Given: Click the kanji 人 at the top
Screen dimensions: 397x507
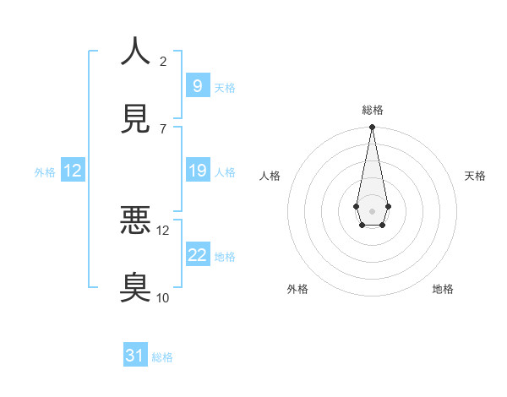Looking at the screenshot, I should point(135,52).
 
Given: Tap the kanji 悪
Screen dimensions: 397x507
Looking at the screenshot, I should point(135,220).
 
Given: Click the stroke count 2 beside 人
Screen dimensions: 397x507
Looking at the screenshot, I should point(163,61).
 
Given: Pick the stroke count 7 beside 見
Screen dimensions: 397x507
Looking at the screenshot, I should point(163,128).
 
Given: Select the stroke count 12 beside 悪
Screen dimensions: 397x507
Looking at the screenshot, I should point(164,230).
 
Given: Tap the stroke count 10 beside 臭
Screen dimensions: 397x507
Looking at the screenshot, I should point(164,297).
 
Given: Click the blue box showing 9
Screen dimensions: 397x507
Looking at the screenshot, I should point(197,85).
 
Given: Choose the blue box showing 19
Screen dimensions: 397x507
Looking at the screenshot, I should point(197,171).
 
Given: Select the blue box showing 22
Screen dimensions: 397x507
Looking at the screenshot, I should point(197,255).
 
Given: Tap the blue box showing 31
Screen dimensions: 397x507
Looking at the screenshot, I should point(135,356).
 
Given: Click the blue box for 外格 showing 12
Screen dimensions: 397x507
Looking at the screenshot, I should point(73,171).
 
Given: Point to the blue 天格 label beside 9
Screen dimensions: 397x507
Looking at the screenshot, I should point(225,88).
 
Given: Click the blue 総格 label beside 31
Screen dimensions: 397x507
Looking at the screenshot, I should point(162,357).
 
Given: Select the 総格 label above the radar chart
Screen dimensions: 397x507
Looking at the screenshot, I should point(372,110).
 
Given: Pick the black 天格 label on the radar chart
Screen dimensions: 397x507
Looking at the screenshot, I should point(475,176).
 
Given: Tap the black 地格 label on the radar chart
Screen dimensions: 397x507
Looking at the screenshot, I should point(443,289).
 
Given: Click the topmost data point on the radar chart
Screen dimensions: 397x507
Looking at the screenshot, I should point(372,127).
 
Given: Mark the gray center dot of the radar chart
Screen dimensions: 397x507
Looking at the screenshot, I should point(372,209).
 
